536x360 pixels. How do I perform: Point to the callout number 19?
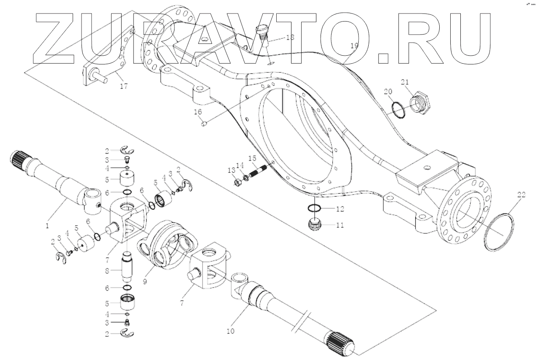point(354,46)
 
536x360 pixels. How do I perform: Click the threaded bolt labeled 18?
point(262,34)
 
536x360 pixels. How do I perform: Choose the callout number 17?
point(123,87)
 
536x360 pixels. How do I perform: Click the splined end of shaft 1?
point(17,159)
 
